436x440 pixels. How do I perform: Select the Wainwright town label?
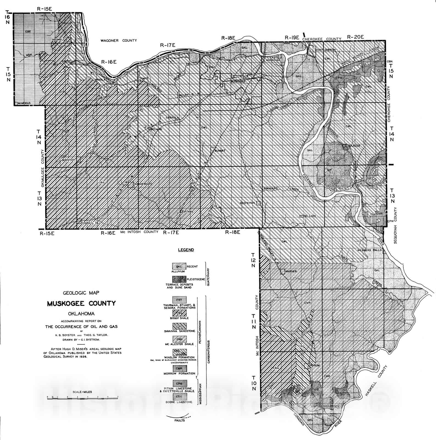coord(143,184)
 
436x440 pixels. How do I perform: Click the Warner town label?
coord(291,271)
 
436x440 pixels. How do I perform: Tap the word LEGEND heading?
coord(186,250)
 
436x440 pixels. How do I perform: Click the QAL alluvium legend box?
coord(179,266)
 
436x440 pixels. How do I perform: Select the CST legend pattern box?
coord(179,299)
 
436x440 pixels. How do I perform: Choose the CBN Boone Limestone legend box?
coord(179,396)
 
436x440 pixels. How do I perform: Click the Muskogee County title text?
coord(81,304)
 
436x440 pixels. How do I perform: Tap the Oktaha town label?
coord(188,211)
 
